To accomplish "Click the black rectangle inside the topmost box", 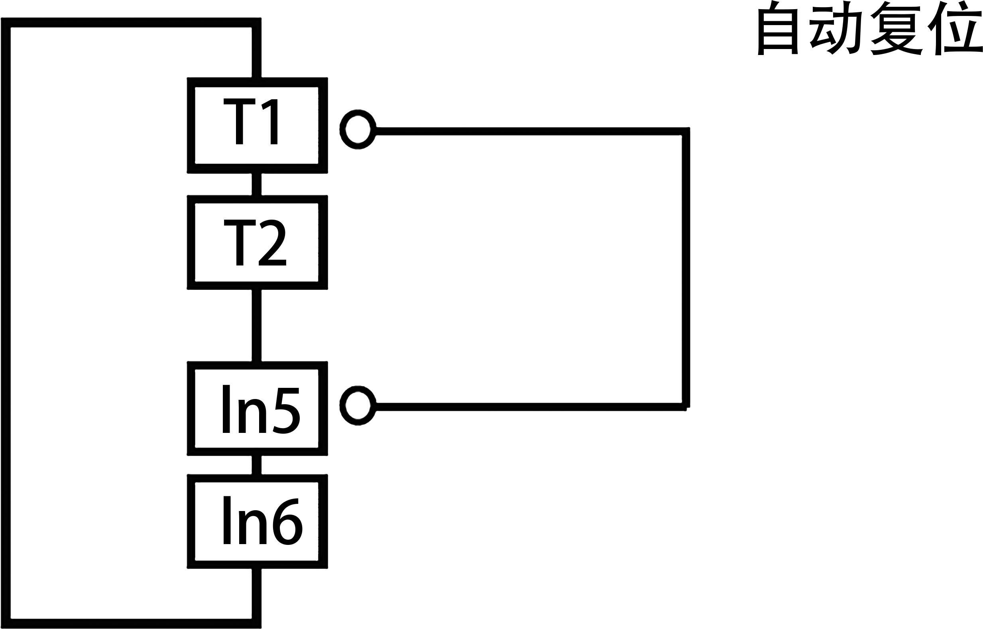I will click(250, 121).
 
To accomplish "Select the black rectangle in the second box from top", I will click(255, 243).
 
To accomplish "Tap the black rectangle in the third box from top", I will click(261, 409).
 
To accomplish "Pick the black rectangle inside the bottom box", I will click(263, 520).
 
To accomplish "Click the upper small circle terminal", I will click(358, 130).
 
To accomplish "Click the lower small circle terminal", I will click(358, 405).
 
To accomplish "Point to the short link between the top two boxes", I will click(256, 184).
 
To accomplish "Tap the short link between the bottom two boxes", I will click(256, 465).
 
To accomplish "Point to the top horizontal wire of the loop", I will click(131, 22).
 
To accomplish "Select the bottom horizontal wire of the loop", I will click(131, 624).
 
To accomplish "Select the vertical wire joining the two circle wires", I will click(686, 269).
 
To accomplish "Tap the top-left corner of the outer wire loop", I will click(6, 23).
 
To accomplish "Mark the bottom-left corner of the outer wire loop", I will click(6, 624).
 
